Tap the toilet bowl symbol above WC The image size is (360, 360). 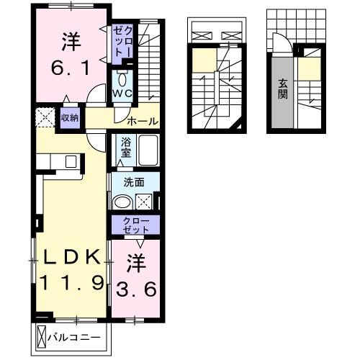pos(122,77)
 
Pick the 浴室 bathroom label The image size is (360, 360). pos(125,148)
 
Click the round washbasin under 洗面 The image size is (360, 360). pos(125,202)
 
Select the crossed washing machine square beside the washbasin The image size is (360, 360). pos(143,202)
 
